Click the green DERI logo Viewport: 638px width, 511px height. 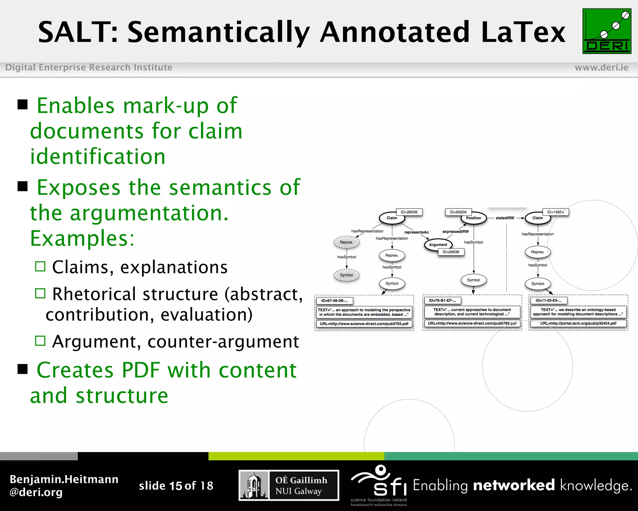[607, 31]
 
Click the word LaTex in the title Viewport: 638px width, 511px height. [523, 32]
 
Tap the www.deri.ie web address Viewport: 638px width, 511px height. [601, 67]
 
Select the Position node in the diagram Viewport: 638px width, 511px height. [474, 218]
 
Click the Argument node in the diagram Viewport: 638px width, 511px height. [438, 245]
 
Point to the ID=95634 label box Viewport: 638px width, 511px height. [458, 212]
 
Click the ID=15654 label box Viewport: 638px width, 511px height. [555, 212]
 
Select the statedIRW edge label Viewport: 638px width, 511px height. [505, 218]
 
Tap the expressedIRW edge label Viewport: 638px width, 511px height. [455, 231]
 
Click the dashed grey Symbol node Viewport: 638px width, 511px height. [346, 275]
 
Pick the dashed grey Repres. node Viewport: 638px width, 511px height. [346, 242]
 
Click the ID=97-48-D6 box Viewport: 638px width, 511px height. [335, 301]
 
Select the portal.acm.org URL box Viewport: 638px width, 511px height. [578, 323]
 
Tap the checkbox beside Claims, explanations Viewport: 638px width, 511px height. [40, 266]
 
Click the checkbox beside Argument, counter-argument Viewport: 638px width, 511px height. [40, 341]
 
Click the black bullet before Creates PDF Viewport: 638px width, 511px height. [23, 369]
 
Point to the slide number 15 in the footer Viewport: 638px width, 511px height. [176, 486]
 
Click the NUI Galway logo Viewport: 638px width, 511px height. [289, 485]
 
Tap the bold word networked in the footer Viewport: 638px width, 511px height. [514, 485]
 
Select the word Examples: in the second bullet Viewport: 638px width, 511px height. [82, 238]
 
